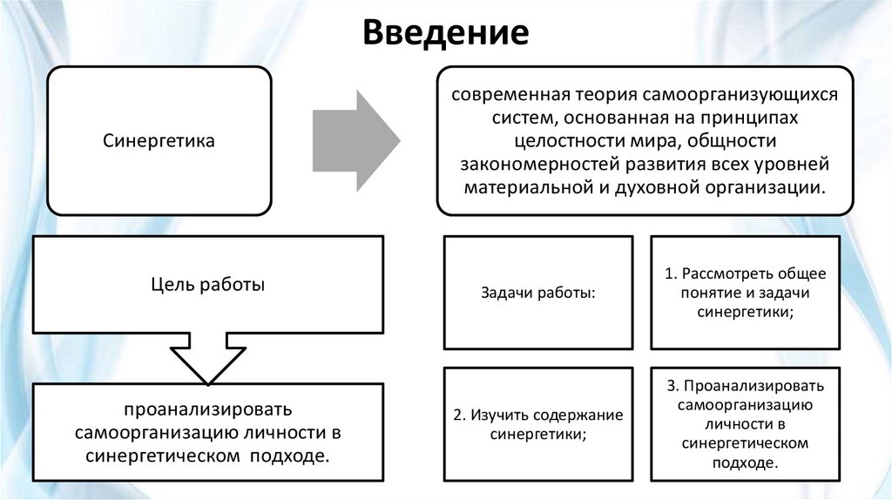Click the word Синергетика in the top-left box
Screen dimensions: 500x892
[159, 140]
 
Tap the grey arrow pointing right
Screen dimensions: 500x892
[355, 139]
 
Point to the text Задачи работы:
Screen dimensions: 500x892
[537, 293]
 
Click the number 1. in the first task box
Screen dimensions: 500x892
[671, 274]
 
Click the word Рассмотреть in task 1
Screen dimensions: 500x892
[724, 274]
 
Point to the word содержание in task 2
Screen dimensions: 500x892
[580, 415]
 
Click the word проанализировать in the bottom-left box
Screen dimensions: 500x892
[207, 409]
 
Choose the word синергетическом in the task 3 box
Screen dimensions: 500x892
[745, 443]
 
